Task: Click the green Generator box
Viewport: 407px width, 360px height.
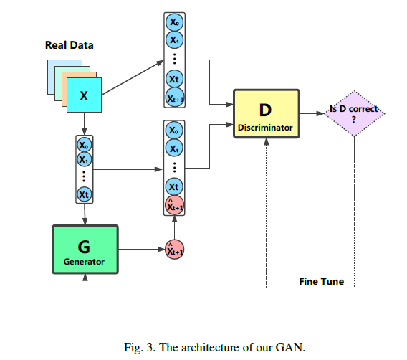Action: coord(85,250)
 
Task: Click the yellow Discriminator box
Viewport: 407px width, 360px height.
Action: coord(267,113)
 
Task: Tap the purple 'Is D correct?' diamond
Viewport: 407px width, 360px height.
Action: coord(355,113)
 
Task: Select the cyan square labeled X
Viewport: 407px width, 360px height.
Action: coord(84,95)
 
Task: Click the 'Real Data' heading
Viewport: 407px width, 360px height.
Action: coord(69,45)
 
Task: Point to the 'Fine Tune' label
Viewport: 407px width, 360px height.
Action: coord(321,281)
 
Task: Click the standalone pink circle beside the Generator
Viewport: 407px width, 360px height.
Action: coord(174,250)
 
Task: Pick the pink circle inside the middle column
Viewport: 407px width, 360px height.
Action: coord(174,205)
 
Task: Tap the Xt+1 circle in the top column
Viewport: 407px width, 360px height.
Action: coord(175,98)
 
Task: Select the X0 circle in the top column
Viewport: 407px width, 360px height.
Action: coord(174,22)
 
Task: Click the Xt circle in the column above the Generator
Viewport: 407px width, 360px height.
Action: coord(84,194)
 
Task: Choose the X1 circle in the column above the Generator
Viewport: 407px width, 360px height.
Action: coord(84,159)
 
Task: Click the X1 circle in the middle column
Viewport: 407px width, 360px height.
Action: coord(174,148)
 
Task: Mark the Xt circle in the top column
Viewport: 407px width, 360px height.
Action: coord(174,79)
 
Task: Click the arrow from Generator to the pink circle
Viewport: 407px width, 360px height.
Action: coord(142,250)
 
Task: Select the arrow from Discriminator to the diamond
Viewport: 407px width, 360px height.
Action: coord(312,113)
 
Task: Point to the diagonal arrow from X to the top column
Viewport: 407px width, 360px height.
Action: coord(133,77)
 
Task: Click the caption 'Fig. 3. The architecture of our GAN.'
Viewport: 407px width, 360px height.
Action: coord(214,347)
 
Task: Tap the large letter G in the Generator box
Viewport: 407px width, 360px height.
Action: coord(84,247)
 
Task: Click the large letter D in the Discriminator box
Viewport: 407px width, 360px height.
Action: coord(265,110)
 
